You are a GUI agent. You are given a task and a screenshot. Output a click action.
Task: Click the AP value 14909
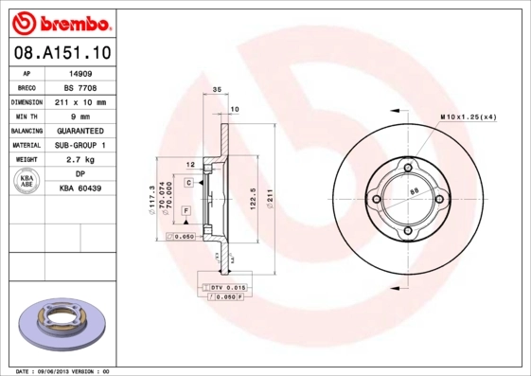coord(81,72)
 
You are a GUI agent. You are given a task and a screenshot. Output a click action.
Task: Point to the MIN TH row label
coord(27,115)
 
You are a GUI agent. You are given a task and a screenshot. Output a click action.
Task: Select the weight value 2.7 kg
coord(81,159)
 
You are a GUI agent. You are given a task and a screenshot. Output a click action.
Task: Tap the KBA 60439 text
coord(81,188)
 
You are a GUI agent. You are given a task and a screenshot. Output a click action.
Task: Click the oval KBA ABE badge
coord(27,181)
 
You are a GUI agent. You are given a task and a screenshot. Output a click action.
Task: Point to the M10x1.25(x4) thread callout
coord(468,116)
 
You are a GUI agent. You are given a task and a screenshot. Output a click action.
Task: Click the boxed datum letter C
coord(189,182)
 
